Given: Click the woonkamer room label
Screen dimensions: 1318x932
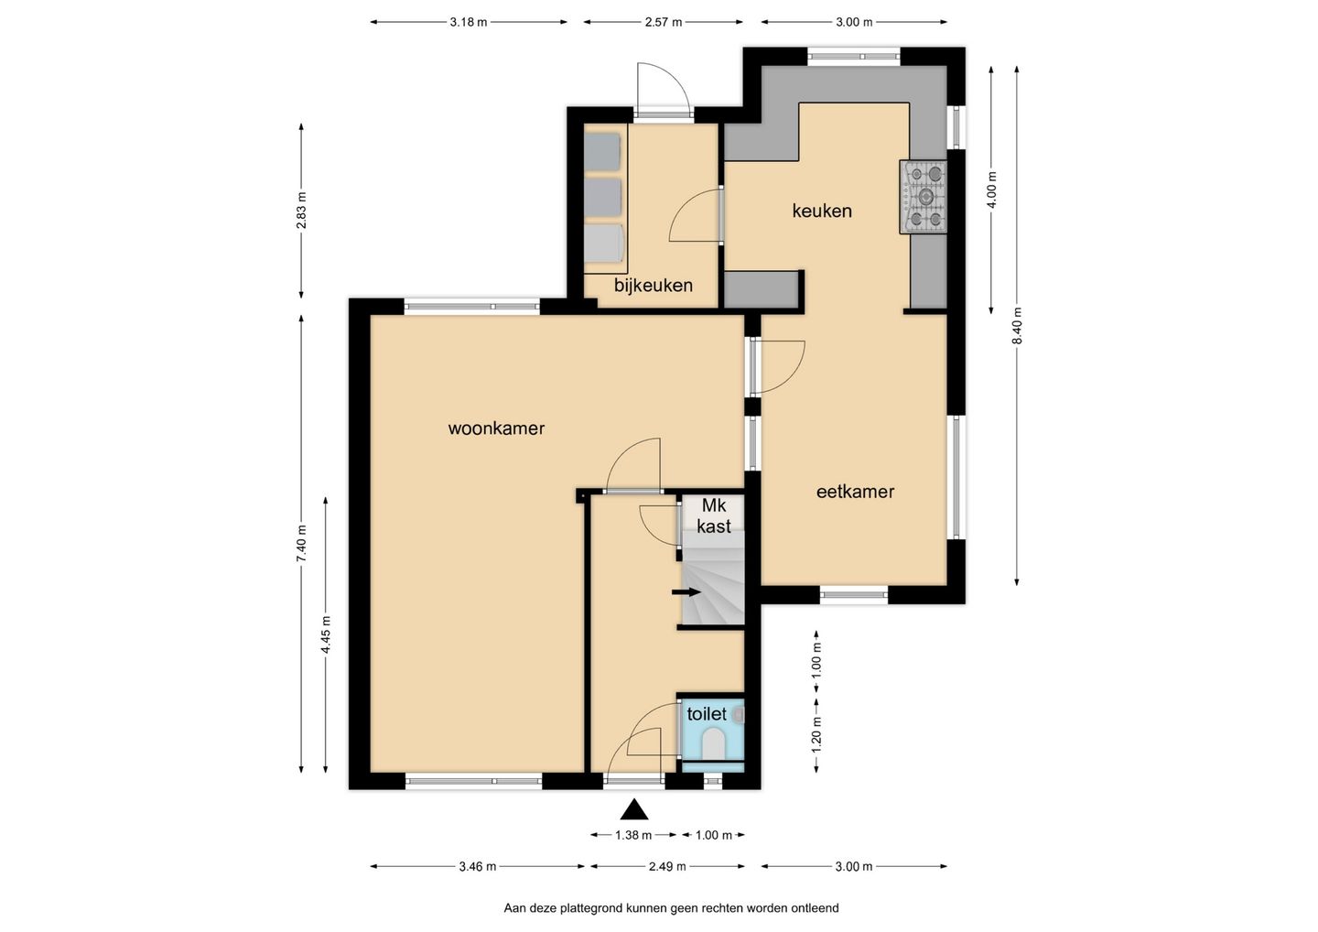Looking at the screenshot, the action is pyautogui.click(x=496, y=428).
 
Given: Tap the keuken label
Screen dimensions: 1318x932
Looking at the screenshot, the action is pyautogui.click(x=822, y=211).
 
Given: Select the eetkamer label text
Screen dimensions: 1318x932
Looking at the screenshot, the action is pyautogui.click(x=855, y=492).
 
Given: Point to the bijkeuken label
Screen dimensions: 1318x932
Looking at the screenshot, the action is pyautogui.click(x=654, y=286).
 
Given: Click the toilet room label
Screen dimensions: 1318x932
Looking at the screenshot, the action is pyautogui.click(x=707, y=714).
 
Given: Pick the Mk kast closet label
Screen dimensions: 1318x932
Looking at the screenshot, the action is pyautogui.click(x=714, y=516).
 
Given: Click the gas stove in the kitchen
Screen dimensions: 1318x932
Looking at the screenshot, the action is pyautogui.click(x=924, y=197).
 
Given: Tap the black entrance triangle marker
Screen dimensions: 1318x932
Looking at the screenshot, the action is pyautogui.click(x=634, y=809).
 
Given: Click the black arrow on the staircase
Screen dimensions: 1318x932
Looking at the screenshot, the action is pyautogui.click(x=686, y=592).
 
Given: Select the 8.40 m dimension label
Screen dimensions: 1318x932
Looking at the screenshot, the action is pyautogui.click(x=1018, y=326).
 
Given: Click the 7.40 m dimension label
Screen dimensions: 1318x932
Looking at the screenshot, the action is pyautogui.click(x=301, y=544).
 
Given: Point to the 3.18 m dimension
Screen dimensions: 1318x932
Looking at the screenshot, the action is pyautogui.click(x=469, y=22).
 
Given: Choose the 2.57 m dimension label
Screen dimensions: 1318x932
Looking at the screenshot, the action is pyautogui.click(x=663, y=22).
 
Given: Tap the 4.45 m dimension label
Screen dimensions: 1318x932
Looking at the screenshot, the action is pyautogui.click(x=326, y=634).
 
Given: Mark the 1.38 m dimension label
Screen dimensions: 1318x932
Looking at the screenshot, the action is pyautogui.click(x=633, y=835).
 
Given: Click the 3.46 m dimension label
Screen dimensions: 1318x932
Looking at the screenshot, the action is pyautogui.click(x=478, y=867).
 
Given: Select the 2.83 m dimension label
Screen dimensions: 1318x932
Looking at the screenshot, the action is pyautogui.click(x=301, y=211).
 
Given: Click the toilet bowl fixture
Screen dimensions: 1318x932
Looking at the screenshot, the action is pyautogui.click(x=714, y=743).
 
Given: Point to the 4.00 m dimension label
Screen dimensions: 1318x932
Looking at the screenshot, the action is pyautogui.click(x=992, y=190).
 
